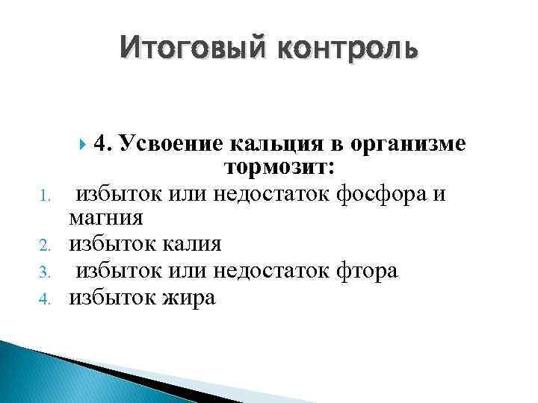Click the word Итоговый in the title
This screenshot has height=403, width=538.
[x=191, y=49]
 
